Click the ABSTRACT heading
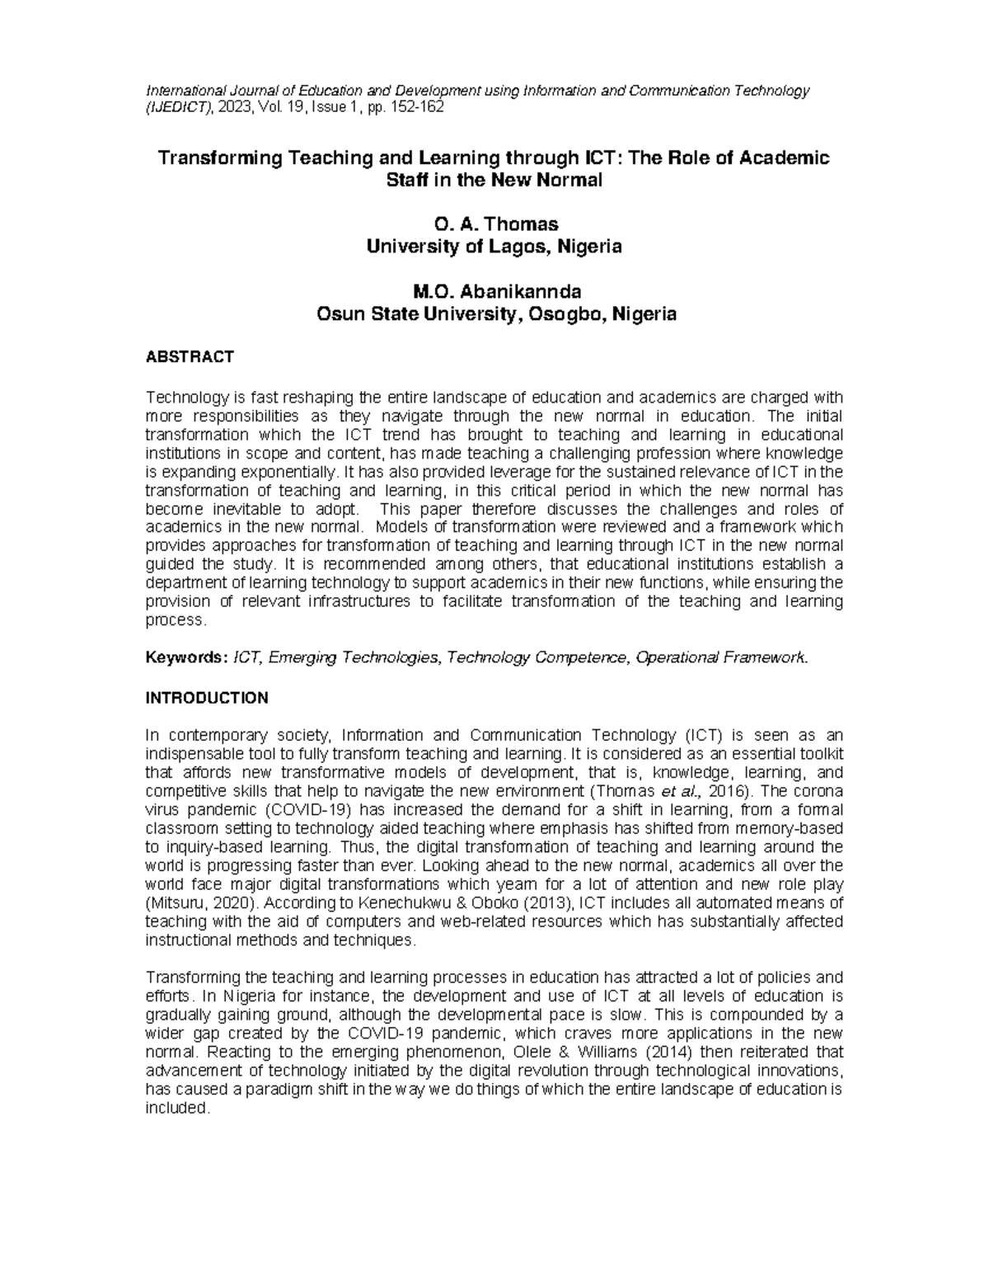(x=190, y=357)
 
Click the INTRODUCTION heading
(x=207, y=698)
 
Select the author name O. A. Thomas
(x=494, y=224)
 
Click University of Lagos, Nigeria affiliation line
(x=494, y=246)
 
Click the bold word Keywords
(x=185, y=657)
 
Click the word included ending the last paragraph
(x=176, y=1108)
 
